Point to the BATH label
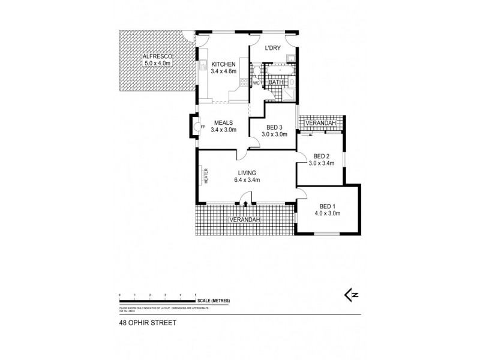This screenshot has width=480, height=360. pyautogui.click(x=276, y=82)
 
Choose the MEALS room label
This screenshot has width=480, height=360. pyautogui.click(x=223, y=122)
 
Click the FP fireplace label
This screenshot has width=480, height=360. pyautogui.click(x=203, y=127)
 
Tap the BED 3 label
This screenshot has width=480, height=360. pyautogui.click(x=274, y=127)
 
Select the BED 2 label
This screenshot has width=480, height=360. pyautogui.click(x=322, y=154)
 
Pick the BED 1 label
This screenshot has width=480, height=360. pyautogui.click(x=328, y=205)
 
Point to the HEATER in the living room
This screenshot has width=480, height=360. pyautogui.click(x=205, y=175)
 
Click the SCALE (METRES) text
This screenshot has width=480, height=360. pyautogui.click(x=213, y=301)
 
